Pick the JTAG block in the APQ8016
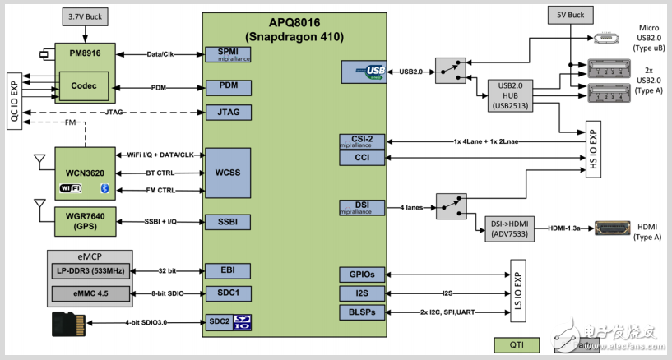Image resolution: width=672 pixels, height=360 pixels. [x=228, y=112]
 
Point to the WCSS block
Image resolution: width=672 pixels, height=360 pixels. [x=228, y=173]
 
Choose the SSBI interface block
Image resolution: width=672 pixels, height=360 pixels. [x=228, y=222]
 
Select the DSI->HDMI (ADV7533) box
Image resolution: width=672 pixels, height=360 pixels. [x=511, y=227]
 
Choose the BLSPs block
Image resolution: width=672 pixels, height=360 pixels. [x=363, y=312]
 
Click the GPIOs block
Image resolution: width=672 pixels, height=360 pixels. [x=363, y=275]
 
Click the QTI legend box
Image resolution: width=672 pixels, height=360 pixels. [x=517, y=344]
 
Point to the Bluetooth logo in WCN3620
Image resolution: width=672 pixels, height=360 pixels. [x=104, y=189]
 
